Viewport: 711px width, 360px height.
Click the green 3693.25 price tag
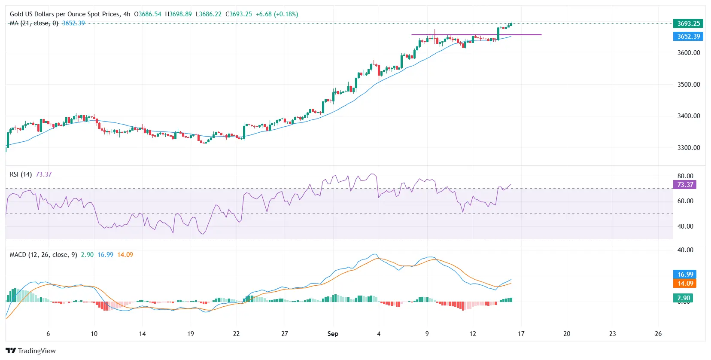pos(688,24)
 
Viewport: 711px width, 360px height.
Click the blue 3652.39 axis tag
pos(688,37)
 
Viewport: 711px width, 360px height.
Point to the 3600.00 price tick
pos(688,53)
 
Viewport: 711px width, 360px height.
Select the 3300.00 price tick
pos(688,148)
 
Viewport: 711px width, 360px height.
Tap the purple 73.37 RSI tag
pos(685,185)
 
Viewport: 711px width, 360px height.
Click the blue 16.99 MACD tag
pos(685,275)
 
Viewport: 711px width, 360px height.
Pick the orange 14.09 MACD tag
pos(685,284)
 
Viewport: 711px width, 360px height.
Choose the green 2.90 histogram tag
pos(683,298)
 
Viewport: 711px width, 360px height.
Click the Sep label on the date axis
pos(333,334)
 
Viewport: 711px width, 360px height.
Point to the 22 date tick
pos(236,334)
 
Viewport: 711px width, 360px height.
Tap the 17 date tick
pos(521,334)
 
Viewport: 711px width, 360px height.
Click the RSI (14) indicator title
pos(21,174)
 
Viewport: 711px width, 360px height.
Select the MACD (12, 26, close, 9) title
pos(43,255)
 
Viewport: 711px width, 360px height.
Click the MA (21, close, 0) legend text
pos(34,23)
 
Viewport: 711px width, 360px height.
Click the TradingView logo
pos(30,351)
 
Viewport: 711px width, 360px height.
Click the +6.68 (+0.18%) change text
pos(276,14)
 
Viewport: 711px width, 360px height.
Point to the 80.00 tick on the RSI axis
pos(685,176)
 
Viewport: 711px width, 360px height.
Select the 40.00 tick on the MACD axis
pos(685,250)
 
